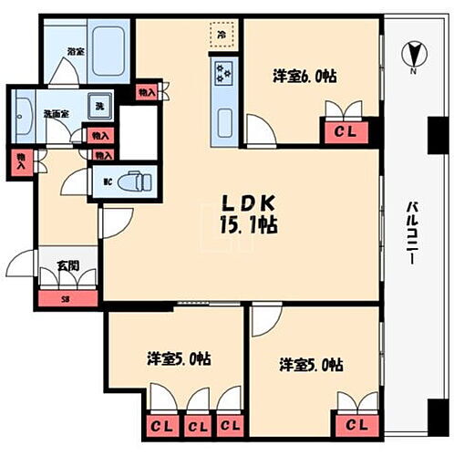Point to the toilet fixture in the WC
click(x=136, y=181)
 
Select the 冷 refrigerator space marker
click(x=222, y=34)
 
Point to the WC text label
click(x=108, y=181)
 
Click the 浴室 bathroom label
click(x=75, y=53)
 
